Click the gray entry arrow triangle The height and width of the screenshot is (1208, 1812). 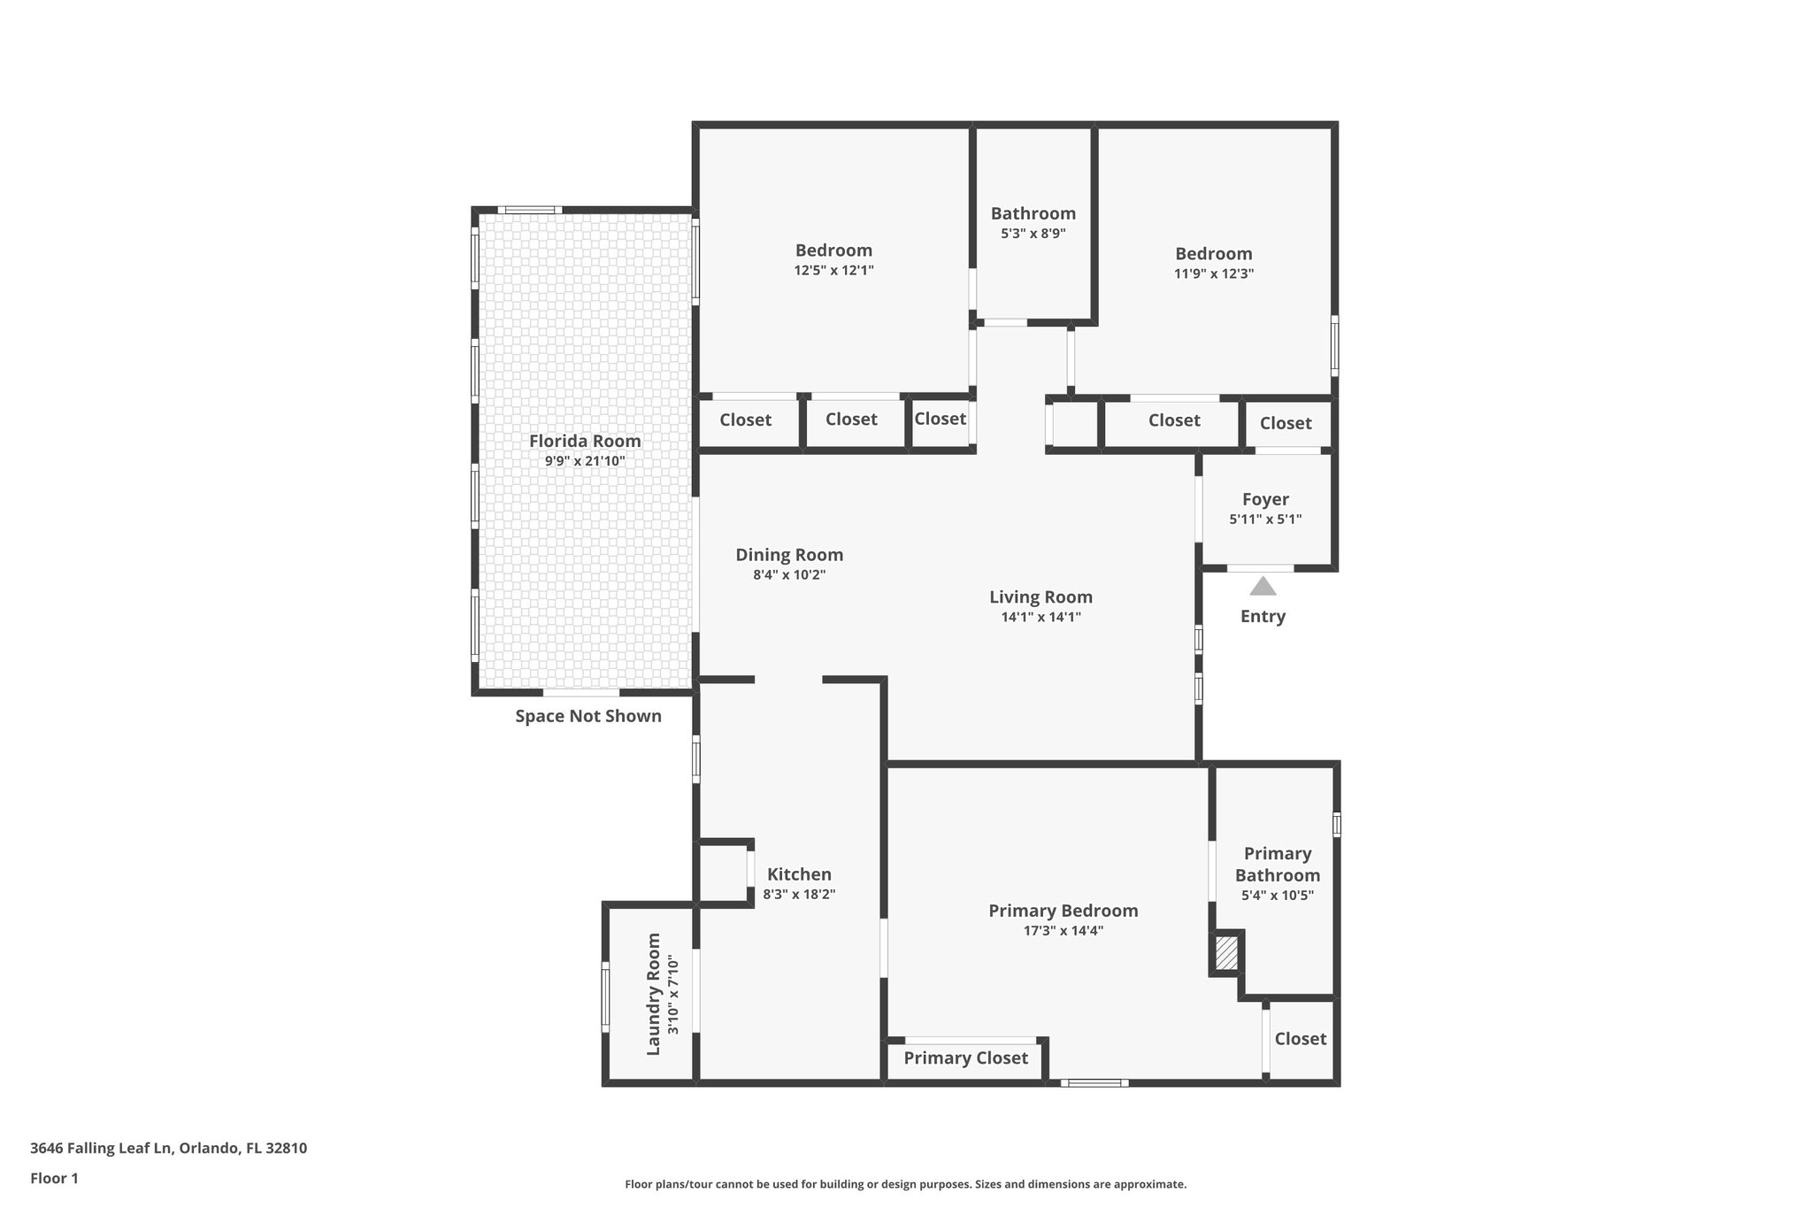[1263, 587]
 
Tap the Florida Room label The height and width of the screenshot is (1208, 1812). [585, 441]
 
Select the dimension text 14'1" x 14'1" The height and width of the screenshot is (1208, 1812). [1040, 618]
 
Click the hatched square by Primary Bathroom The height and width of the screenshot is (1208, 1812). [1226, 953]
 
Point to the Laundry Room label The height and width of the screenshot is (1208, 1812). [654, 994]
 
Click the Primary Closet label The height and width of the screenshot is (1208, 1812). [965, 1058]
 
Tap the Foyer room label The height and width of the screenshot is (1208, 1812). [1265, 499]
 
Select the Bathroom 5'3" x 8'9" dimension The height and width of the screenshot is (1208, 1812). [1033, 234]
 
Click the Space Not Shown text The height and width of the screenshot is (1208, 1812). [588, 716]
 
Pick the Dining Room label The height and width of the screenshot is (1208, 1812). [789, 555]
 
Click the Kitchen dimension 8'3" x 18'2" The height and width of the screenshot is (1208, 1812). [799, 895]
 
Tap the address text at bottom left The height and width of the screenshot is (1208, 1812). [168, 1149]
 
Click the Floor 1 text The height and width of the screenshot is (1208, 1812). [54, 1178]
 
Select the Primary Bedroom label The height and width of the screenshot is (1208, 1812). [1063, 911]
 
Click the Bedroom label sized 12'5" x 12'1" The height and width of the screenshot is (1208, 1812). [833, 250]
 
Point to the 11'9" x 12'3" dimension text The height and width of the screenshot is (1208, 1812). [1213, 273]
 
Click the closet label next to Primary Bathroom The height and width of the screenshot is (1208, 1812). [1300, 1039]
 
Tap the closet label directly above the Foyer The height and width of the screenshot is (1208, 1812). [1285, 423]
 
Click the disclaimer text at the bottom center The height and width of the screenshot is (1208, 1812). [905, 1184]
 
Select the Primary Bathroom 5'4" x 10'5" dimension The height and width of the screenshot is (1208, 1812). [1277, 896]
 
